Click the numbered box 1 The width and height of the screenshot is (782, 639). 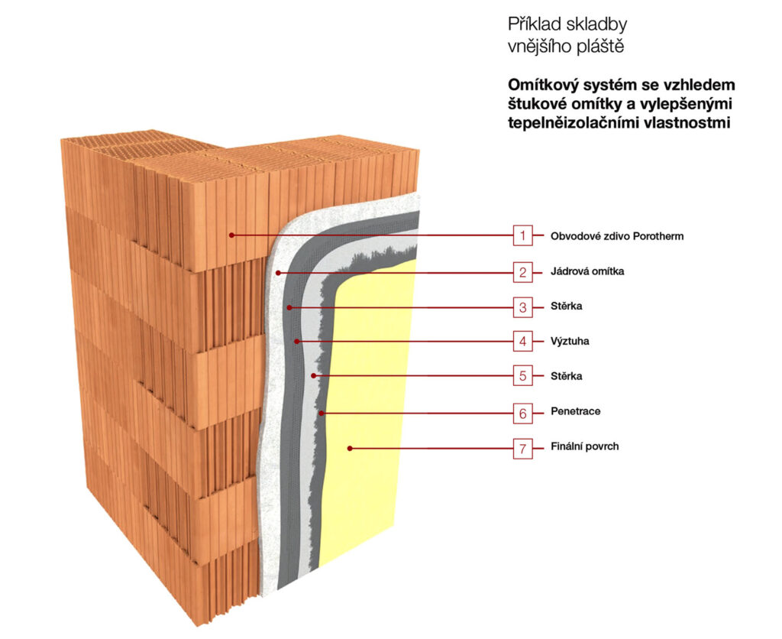[x=522, y=235]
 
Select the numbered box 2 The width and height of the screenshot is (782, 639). [x=522, y=271]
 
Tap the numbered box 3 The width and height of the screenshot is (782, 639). [x=522, y=307]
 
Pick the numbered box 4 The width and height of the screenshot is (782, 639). [x=522, y=341]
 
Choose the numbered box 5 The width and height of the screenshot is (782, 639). [x=522, y=376]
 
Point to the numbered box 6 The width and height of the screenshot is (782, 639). [x=522, y=412]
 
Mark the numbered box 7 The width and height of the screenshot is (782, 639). [x=522, y=447]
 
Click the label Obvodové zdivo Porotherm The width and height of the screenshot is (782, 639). [x=617, y=236]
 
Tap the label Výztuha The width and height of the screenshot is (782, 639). [x=570, y=342]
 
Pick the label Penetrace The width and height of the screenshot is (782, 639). [x=575, y=412]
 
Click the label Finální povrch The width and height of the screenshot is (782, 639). [x=584, y=447]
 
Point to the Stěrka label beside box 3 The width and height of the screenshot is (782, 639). [x=567, y=307]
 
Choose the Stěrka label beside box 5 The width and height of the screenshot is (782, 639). [x=567, y=377]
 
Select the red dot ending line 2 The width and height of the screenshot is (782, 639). [x=280, y=272]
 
